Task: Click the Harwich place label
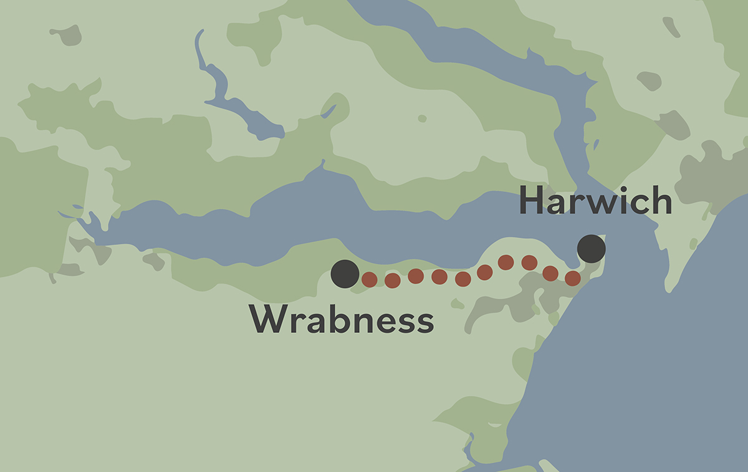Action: (x=595, y=201)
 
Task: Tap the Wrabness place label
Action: (x=342, y=320)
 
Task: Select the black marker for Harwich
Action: (x=591, y=249)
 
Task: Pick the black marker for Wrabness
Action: (x=345, y=274)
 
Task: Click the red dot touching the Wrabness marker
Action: (x=369, y=279)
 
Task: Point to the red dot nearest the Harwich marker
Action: (x=572, y=278)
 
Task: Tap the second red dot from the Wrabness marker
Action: (x=392, y=281)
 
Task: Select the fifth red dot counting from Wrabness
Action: (x=463, y=279)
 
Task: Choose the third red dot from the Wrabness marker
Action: (x=416, y=276)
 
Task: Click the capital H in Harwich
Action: (x=531, y=201)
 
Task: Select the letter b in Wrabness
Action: (x=338, y=320)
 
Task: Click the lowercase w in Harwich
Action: (x=600, y=205)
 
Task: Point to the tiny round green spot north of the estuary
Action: (x=422, y=118)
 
